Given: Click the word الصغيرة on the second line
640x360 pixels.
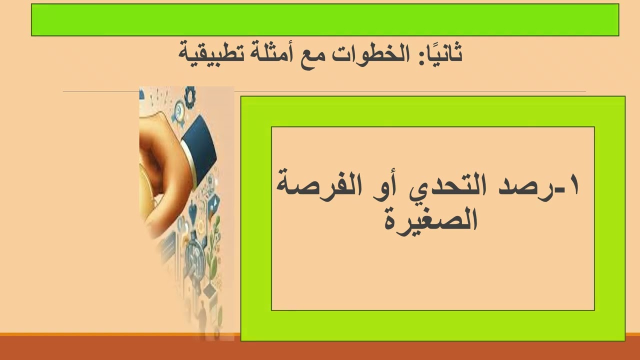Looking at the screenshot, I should tap(431, 219).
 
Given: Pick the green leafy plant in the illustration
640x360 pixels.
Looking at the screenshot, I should tap(213, 245).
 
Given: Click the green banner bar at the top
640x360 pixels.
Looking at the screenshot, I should tap(325, 20).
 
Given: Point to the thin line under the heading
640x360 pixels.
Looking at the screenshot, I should tap(100, 91).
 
